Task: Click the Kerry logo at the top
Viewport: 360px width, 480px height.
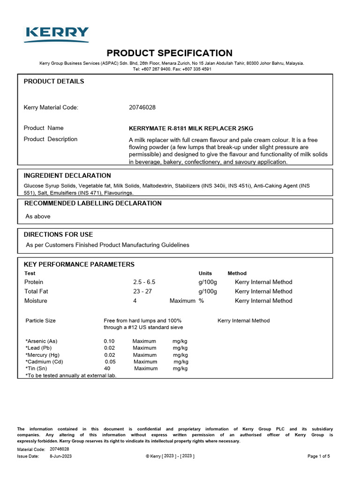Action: click(57, 34)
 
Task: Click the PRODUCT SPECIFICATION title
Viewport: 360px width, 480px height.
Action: click(169, 53)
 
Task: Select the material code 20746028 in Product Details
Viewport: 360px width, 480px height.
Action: click(142, 107)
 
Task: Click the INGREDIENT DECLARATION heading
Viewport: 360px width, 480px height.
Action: click(67, 176)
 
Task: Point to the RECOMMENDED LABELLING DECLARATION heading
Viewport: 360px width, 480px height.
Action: click(93, 203)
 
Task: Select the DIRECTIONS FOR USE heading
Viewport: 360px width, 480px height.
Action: click(59, 234)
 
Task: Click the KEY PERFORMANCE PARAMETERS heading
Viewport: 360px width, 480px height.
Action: click(79, 264)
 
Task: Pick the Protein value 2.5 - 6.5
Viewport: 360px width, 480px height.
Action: click(144, 282)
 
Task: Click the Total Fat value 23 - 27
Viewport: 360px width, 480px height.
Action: click(142, 292)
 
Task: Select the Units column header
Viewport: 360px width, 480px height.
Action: click(205, 273)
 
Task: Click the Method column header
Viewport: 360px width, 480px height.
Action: click(237, 273)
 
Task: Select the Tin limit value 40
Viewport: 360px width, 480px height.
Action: click(107, 368)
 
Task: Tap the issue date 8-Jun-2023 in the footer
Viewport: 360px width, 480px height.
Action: click(61, 456)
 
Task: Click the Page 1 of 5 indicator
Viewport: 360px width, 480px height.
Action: click(319, 456)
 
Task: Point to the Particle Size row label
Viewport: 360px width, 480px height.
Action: click(40, 321)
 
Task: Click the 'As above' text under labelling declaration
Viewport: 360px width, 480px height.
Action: click(38, 217)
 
